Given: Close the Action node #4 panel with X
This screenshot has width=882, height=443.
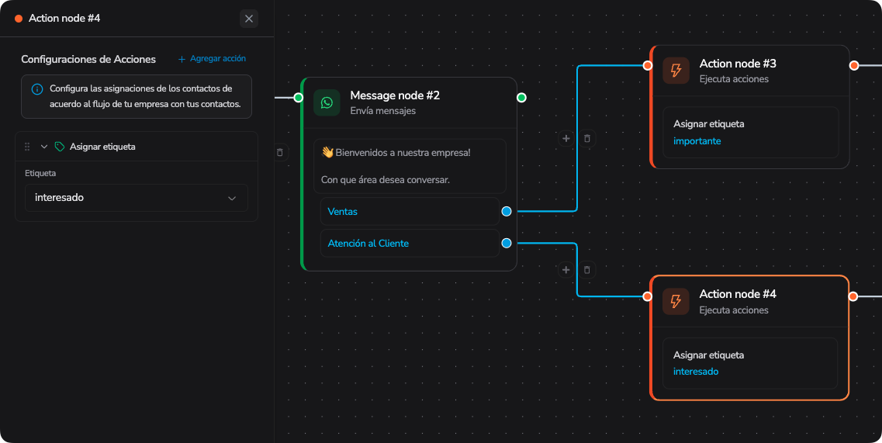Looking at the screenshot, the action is pos(249,19).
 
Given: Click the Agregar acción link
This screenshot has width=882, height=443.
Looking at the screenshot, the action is pos(212,58).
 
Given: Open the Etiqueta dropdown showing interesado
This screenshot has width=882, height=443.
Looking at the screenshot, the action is pos(136,198).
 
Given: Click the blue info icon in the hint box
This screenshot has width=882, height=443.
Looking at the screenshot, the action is pos(37,89).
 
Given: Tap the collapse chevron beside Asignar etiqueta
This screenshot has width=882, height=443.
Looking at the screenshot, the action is pos(44,147).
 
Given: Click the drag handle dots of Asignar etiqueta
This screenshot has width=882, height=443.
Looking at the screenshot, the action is pos(27,147).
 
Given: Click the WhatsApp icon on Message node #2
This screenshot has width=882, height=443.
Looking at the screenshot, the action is pos(327,102).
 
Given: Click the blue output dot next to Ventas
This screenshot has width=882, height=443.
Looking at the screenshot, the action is pos(507,212).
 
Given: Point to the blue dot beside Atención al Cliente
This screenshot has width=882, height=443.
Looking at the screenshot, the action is pos(507,243).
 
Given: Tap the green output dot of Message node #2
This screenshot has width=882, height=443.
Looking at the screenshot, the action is pos(521,98).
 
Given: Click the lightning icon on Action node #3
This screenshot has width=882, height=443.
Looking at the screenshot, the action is pos(676,71).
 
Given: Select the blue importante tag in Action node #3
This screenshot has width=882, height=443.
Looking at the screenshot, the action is pos(697,141).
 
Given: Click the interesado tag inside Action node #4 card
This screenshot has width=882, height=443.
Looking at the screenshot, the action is pos(696,372).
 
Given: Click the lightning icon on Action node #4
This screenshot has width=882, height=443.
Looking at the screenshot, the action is pos(676,301).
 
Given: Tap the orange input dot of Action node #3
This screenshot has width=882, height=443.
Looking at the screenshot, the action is pos(648,65).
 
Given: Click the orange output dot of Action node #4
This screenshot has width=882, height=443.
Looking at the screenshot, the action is pos(853,296).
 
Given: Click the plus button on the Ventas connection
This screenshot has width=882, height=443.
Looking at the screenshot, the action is pos(566,138).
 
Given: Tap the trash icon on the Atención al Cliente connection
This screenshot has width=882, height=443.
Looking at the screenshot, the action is pos(586,270).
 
